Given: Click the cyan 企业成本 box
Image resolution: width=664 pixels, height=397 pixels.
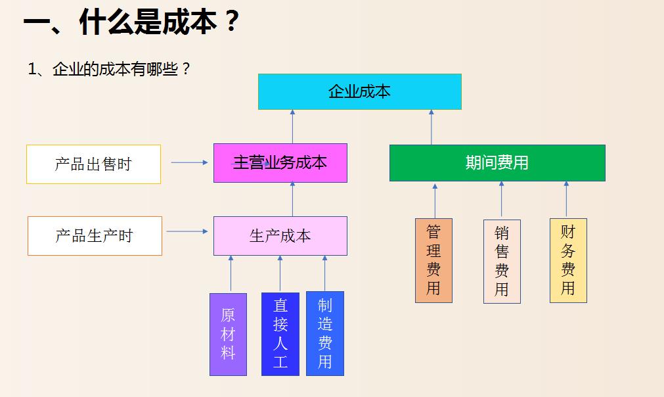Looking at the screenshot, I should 359,91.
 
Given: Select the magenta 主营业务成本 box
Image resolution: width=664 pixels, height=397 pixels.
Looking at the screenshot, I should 280,163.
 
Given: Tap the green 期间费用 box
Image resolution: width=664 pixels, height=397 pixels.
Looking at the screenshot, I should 497,163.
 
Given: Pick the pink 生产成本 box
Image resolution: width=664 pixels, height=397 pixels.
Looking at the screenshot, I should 280,236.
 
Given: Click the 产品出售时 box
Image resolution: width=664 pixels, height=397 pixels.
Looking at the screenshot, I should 93,164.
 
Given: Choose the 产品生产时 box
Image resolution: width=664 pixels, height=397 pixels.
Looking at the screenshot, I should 95,236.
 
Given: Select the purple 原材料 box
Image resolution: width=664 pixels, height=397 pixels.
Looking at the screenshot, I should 228,334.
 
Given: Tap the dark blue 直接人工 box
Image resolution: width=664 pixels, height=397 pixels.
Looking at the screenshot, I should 280,334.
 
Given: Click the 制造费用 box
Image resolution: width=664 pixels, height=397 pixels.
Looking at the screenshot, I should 325,334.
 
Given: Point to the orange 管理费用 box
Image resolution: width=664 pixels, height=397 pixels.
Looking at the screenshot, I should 433,260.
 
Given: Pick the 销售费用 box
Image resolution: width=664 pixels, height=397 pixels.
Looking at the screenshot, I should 502,262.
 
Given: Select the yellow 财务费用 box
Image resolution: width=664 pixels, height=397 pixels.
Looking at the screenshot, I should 568,260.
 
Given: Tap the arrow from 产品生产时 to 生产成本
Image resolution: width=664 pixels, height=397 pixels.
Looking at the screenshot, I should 187,231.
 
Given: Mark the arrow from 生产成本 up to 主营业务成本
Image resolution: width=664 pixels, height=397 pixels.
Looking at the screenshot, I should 293,199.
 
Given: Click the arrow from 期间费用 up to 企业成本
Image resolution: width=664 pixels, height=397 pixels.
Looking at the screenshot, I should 432,127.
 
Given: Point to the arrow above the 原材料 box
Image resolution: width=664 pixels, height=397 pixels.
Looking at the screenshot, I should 231,273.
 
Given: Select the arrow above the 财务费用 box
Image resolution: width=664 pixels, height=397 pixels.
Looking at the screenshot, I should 566,199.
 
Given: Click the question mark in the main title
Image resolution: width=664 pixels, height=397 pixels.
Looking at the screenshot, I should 231,22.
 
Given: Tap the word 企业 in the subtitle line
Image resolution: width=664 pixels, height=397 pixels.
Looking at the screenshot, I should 63,69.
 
